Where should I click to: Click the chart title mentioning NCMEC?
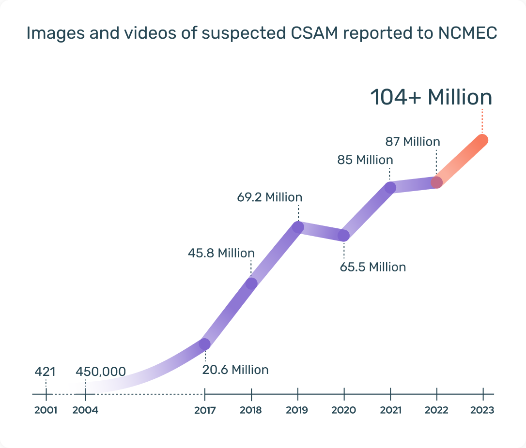(262, 33)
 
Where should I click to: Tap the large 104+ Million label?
(431, 97)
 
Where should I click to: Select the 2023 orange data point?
(481, 140)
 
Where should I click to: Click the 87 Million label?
(413, 142)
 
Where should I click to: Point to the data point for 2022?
(437, 182)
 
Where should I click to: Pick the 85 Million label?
(365, 160)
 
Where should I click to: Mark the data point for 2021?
(390, 188)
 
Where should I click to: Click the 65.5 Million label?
(372, 267)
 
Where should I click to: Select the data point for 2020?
(343, 236)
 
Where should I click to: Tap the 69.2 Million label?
(269, 197)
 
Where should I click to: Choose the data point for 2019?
(298, 227)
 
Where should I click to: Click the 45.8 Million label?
(221, 253)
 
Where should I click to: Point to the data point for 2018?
(251, 284)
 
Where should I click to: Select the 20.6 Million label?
(235, 370)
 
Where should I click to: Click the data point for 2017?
(204, 344)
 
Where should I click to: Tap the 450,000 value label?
(101, 372)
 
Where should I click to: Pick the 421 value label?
(45, 372)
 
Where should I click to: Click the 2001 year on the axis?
(46, 410)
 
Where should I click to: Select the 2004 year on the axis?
(86, 410)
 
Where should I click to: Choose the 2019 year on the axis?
(297, 410)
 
